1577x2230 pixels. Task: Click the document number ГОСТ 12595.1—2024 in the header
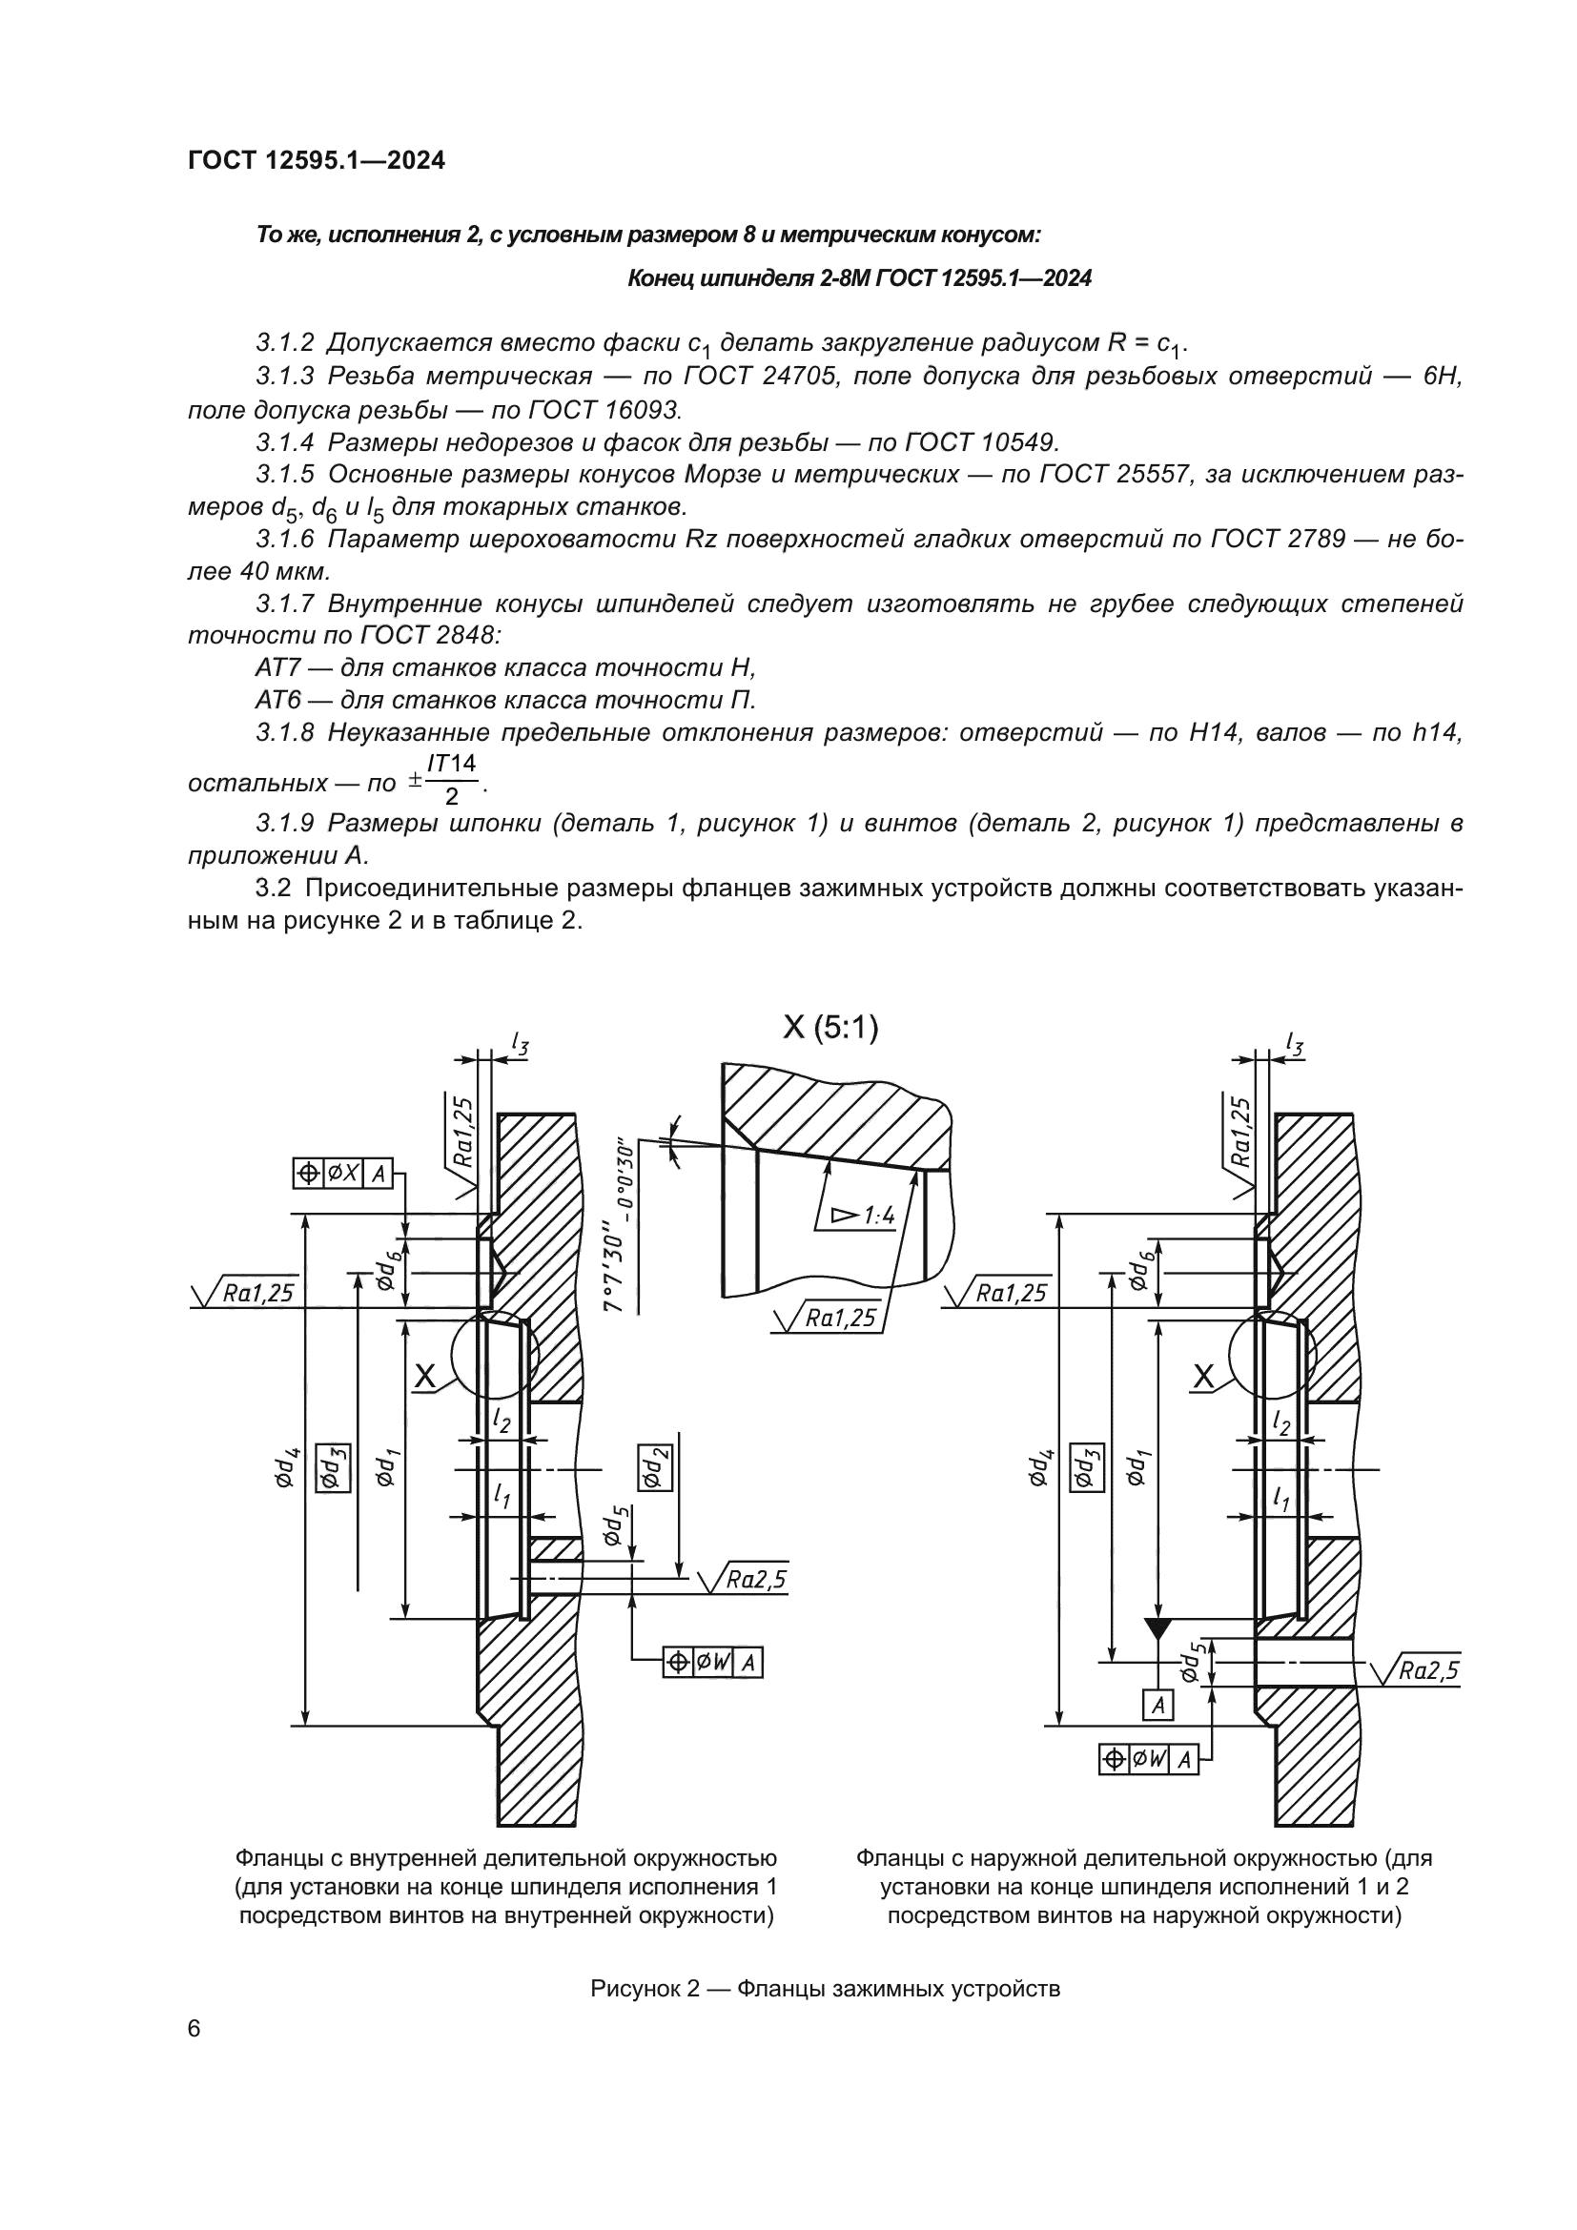[317, 161]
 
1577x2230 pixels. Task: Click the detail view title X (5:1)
[830, 1028]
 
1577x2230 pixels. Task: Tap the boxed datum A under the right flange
[1157, 1705]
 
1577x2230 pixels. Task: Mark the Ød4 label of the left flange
[284, 1467]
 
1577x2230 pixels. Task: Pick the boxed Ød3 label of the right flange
[1087, 1467]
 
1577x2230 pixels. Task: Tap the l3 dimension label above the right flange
[1295, 1044]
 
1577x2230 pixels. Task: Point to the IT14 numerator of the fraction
[453, 764]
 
